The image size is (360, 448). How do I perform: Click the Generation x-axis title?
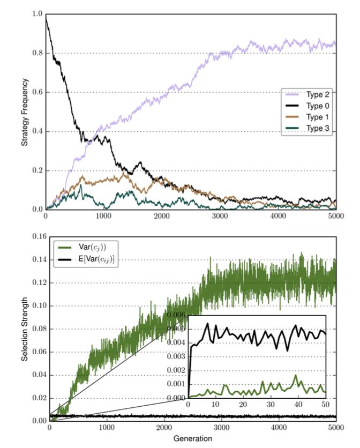pos(192,438)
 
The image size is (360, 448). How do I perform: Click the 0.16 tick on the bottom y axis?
pos(36,236)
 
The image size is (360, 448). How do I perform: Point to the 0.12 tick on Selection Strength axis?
pos(36,282)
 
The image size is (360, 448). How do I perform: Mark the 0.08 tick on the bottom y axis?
pos(36,328)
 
